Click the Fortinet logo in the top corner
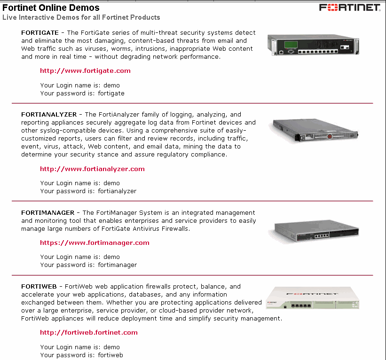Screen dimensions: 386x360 pos(350,8)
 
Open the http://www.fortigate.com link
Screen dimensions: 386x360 pos(85,71)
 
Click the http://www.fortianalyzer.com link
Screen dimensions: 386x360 pos(92,169)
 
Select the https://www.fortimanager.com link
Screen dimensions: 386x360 pos(95,243)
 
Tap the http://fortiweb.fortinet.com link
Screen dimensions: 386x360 pos(88,332)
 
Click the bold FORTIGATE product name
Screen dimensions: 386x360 pos(40,33)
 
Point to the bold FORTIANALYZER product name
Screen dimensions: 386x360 pos(49,114)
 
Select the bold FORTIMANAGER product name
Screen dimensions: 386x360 pos(48,212)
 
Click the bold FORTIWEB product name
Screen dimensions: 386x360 pos(39,286)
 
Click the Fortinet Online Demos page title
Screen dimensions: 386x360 pos(51,8)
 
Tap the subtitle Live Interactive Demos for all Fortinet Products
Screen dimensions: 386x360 pos(81,17)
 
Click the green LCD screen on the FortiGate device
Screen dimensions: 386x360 pos(291,45)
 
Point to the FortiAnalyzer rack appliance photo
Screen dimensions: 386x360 pos(315,130)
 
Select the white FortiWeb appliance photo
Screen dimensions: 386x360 pos(313,297)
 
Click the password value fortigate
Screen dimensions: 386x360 pos(111,94)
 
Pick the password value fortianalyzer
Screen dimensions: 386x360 pos(117,191)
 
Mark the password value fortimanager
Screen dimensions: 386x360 pos(118,265)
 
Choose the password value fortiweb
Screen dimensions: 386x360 pos(110,355)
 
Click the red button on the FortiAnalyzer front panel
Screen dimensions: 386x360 pos(330,137)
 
